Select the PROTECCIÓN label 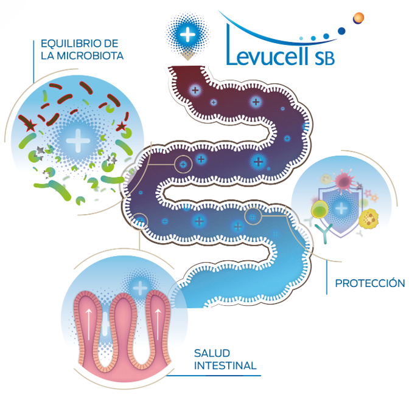pos(369,283)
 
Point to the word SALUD pos(211,353)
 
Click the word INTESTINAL pos(225,365)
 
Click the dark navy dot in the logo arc pos(341,30)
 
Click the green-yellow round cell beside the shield pos(318,210)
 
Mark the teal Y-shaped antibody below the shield pos(329,231)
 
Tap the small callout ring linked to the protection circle pos(251,215)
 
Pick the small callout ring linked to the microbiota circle pos(183,163)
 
